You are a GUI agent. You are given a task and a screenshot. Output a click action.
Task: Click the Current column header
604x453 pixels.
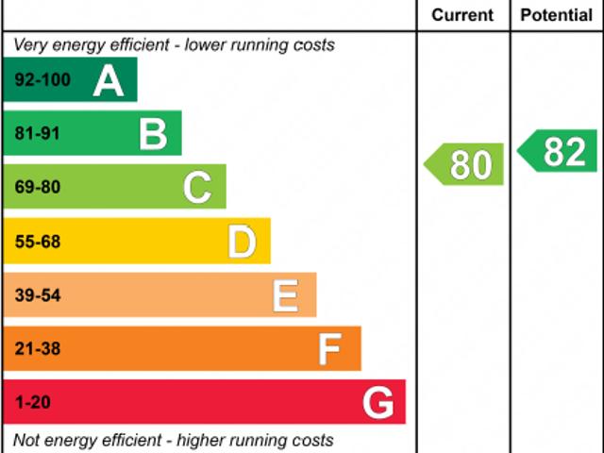[x=462, y=15]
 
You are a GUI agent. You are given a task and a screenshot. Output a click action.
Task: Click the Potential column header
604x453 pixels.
[x=557, y=15]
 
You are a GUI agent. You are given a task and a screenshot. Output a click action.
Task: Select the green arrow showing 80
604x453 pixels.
[x=464, y=164]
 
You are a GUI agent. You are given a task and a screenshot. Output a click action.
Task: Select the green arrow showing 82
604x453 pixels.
[x=559, y=151]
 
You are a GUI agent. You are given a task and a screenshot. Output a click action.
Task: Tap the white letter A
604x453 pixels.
[x=109, y=81]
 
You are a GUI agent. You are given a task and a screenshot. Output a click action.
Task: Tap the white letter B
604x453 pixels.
[x=153, y=134]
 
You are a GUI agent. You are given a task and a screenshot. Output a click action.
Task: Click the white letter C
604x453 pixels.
[x=197, y=188]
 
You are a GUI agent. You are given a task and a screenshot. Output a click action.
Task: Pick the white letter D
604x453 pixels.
[x=242, y=243]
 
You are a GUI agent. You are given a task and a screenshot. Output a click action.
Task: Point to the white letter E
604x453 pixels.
[x=285, y=296]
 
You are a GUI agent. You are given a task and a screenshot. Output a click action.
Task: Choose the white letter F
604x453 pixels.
[x=329, y=350]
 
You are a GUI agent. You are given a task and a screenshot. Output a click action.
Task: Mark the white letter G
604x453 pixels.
[x=377, y=404]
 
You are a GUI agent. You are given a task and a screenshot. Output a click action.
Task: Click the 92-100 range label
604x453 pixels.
[x=42, y=81]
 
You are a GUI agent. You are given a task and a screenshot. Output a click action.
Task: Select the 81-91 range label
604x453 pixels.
[x=37, y=134]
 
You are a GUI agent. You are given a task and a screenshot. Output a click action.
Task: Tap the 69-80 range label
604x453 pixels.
[x=37, y=188]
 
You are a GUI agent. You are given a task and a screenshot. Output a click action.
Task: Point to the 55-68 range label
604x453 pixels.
[x=37, y=243]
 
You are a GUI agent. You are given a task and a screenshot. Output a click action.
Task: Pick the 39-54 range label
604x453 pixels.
[x=37, y=296]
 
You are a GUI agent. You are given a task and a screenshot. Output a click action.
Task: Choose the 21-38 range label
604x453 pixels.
[x=37, y=350]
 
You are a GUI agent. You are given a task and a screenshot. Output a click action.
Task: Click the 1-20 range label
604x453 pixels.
[x=32, y=404]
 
